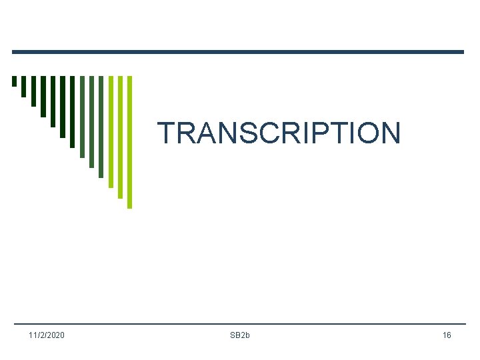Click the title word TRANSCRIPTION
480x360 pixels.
click(279, 133)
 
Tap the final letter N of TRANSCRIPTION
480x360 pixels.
click(390, 133)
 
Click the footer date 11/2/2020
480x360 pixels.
click(47, 335)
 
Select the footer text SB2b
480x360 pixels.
click(239, 335)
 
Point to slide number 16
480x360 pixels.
click(446, 335)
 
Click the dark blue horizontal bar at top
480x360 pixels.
click(237, 52)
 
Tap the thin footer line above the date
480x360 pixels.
click(237, 324)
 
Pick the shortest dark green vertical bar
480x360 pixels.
click(14, 81)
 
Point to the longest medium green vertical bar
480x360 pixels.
click(101, 127)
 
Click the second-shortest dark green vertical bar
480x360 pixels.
click(24, 86)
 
